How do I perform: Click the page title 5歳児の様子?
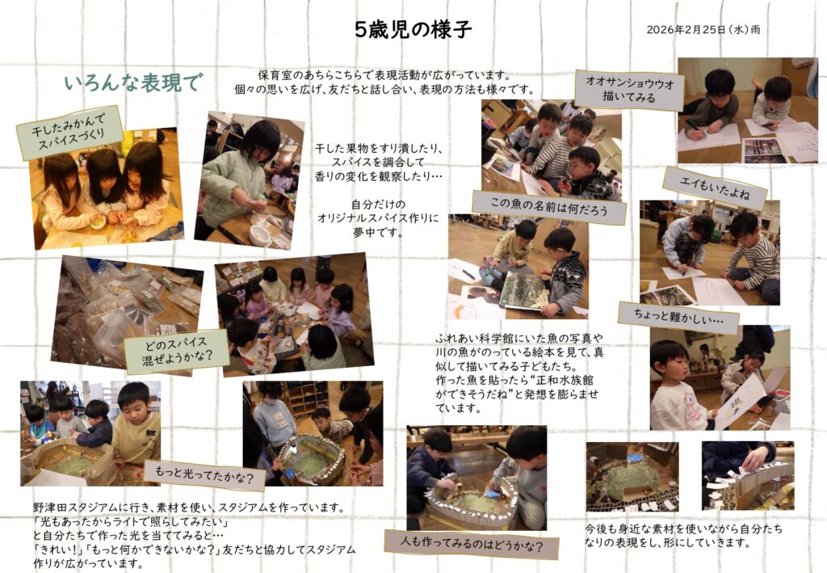coord(413,30)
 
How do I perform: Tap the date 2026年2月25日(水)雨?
coord(703,30)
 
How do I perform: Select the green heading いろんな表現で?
coord(133,82)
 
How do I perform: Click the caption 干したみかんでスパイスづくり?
coord(69,133)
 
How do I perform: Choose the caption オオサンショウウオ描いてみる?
coord(629,90)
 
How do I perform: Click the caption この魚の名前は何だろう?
coord(549,208)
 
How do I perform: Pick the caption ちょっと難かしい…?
coord(678,318)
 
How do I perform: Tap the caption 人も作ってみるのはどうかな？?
coord(472,543)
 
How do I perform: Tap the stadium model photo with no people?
coord(632,477)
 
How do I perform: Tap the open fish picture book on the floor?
coord(523,291)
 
